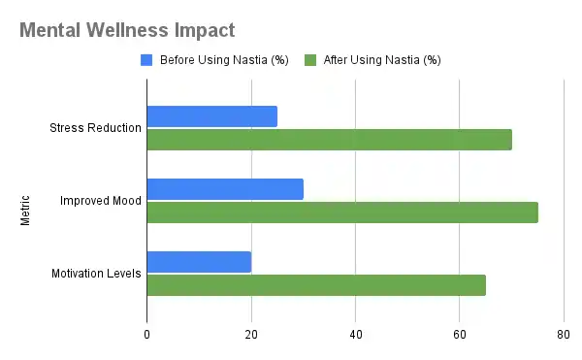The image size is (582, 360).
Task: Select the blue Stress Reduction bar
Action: pos(211,116)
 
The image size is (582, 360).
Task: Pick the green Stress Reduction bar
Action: pos(329,140)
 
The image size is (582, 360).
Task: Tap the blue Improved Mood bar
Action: pos(225,189)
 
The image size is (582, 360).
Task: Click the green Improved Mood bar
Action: pos(341,213)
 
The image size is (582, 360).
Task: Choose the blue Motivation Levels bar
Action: pos(199,262)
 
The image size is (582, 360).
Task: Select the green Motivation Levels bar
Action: pos(315,285)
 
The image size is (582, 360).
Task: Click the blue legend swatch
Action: pos(146,60)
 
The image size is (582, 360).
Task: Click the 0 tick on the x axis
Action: pos(146,335)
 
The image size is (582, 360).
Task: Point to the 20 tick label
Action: pos(251,335)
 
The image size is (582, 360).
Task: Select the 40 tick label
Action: pos(355,335)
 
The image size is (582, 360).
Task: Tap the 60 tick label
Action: pos(459,335)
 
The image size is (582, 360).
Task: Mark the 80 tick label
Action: pos(563,335)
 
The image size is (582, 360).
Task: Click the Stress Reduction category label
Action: pos(96,128)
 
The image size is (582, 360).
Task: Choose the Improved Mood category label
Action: pos(101,201)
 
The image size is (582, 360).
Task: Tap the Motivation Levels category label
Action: pos(96,274)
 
